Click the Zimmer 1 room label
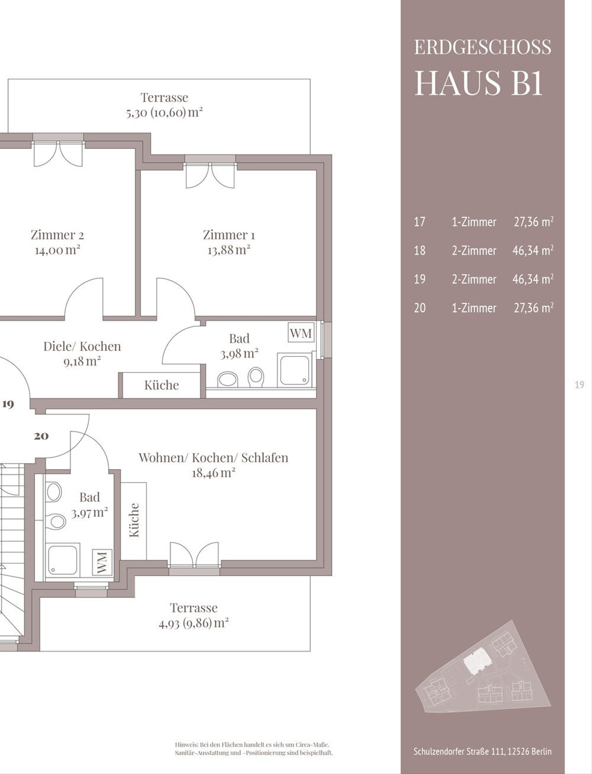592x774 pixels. [x=229, y=235]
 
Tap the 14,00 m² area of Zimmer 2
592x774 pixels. [x=57, y=250]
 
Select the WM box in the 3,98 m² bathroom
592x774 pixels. [x=301, y=333]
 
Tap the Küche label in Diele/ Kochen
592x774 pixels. [x=161, y=385]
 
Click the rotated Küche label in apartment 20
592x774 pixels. [x=134, y=520]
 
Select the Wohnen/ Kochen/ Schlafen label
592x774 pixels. [x=214, y=458]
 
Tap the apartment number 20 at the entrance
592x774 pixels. [x=41, y=436]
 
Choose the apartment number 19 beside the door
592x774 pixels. [x=8, y=404]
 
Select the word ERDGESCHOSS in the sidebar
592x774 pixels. [x=483, y=47]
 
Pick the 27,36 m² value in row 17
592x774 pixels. [x=533, y=222]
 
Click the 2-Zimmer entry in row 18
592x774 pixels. [x=474, y=251]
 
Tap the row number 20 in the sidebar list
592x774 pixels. [x=420, y=308]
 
